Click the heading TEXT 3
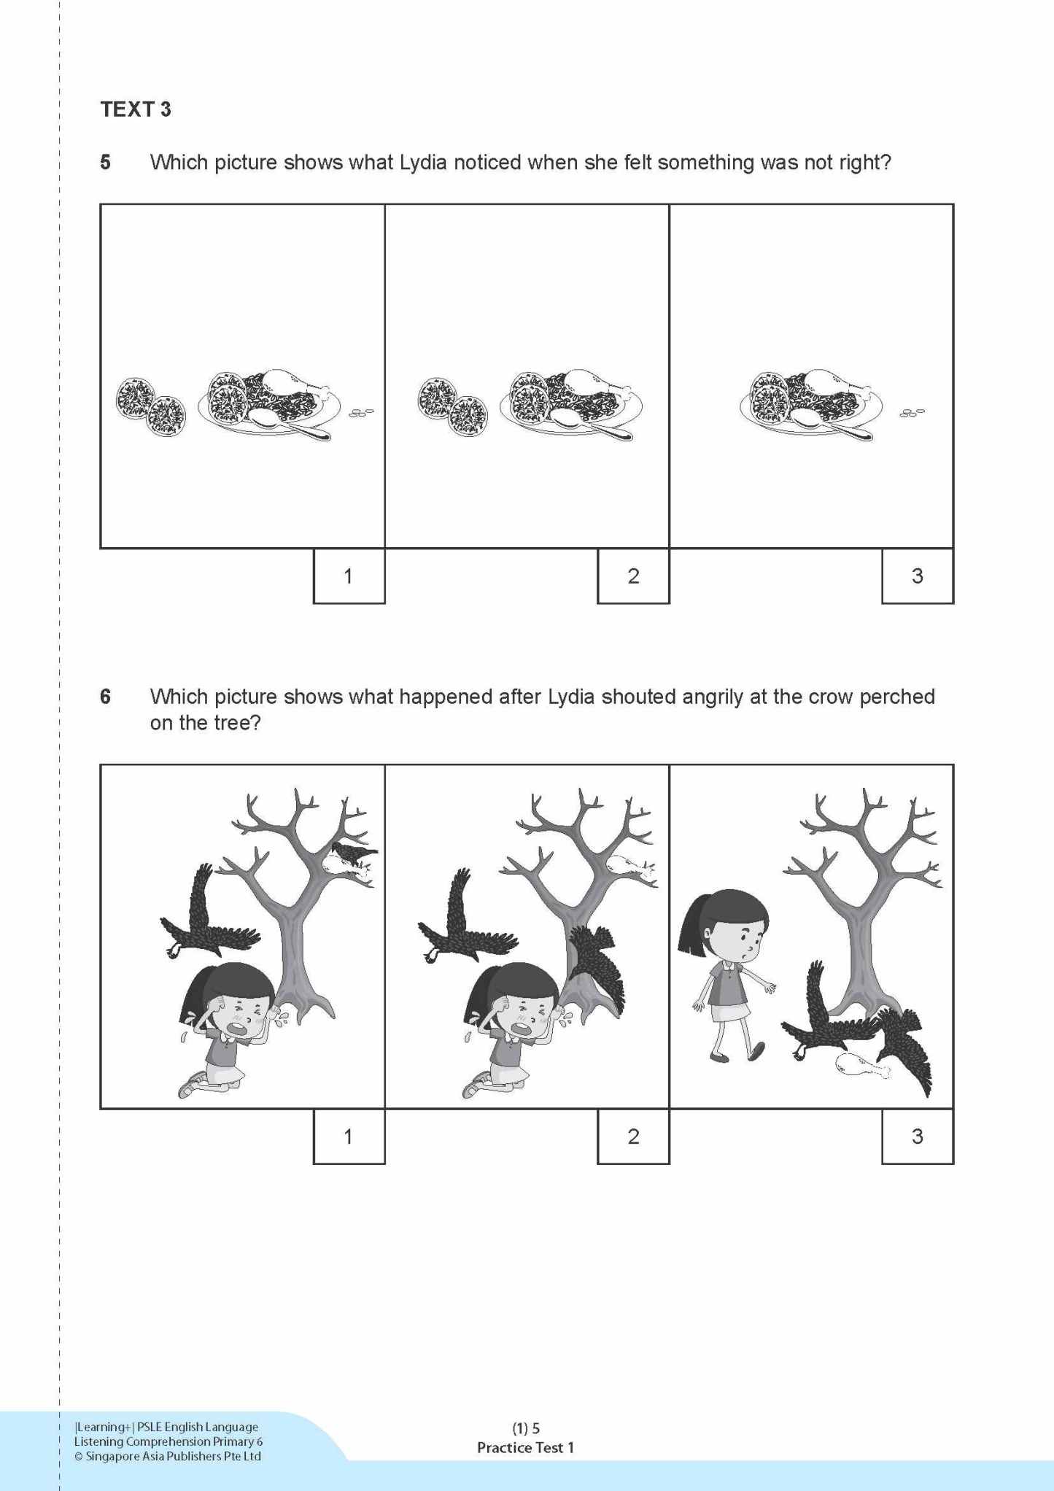tap(136, 109)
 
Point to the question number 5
tap(106, 162)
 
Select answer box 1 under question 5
tap(349, 576)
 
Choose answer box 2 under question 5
tap(633, 576)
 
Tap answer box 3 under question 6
tap(917, 1136)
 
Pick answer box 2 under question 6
tap(633, 1136)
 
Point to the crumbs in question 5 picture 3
tap(912, 413)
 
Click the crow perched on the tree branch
tap(354, 852)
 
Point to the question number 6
tap(106, 697)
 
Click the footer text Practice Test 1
tap(525, 1447)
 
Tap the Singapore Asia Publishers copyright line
tap(168, 1456)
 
